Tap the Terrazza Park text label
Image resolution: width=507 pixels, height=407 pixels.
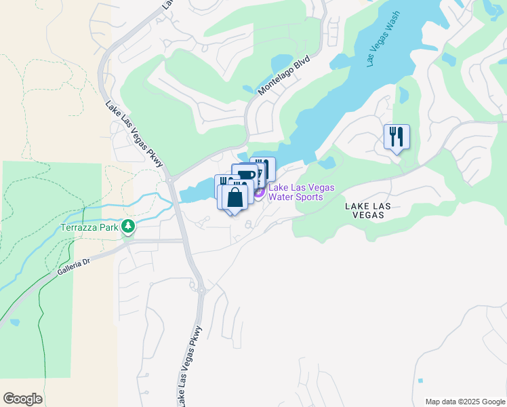coord(89,227)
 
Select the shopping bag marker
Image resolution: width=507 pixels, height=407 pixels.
coord(235,198)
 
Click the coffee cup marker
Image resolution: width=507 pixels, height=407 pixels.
coord(246,175)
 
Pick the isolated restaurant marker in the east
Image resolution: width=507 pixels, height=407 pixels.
coord(397,136)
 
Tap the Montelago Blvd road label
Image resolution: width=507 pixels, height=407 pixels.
coord(283,75)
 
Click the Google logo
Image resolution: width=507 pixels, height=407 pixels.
coord(22,399)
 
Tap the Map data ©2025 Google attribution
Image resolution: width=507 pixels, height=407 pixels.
coord(464,402)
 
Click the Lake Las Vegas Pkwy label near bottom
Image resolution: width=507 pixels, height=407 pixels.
coord(190,366)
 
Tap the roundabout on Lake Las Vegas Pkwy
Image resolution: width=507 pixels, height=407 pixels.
coord(201,290)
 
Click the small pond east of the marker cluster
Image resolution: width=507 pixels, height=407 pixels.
coord(326,163)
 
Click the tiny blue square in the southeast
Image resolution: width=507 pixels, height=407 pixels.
coord(421,381)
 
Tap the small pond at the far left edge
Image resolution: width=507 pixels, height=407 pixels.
coord(14,322)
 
